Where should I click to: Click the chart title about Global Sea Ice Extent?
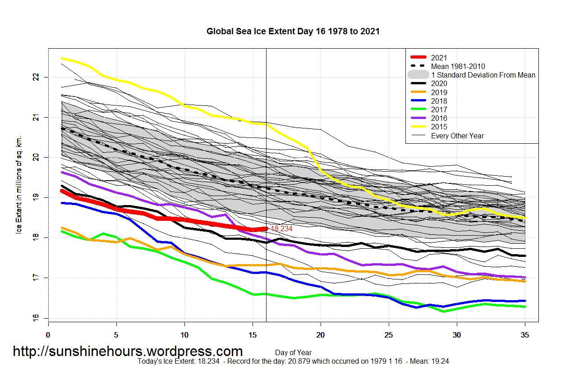point(293,32)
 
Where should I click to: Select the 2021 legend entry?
point(439,57)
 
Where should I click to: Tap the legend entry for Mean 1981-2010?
point(458,66)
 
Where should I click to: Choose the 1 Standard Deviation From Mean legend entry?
point(483,75)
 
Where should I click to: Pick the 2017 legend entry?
point(439,110)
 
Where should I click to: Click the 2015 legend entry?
point(439,127)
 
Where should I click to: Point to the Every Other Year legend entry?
point(457,136)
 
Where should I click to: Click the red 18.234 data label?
point(281,229)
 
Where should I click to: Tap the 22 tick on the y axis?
point(36,78)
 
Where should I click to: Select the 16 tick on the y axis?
point(36,318)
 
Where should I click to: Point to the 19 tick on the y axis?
point(36,197)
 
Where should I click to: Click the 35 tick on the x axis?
point(525,335)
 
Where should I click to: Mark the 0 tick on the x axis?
point(48,335)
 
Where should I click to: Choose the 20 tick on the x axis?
point(321,335)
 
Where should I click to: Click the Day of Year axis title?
point(293,352)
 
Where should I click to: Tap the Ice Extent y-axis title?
point(19,185)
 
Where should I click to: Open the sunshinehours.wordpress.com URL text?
point(128,351)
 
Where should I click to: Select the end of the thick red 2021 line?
point(266,229)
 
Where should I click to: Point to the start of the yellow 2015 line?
point(62,58)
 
